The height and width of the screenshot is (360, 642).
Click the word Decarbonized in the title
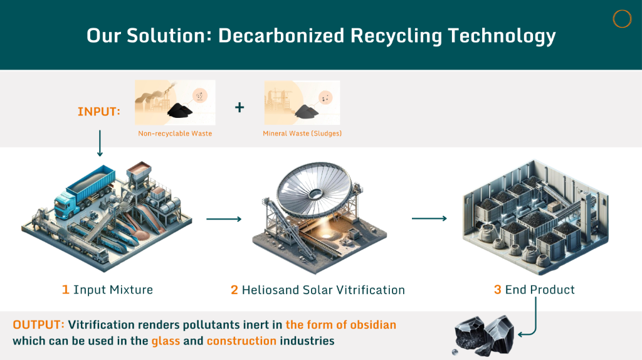point(282,36)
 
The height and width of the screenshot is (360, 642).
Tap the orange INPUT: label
point(98,112)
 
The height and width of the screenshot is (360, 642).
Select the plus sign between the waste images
point(239,107)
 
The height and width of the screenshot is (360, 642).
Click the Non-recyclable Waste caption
point(175,134)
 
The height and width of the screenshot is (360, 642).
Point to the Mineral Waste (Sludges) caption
point(302,134)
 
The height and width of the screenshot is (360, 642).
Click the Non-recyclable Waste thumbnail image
point(175,102)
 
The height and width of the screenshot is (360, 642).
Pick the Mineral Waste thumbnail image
point(302,102)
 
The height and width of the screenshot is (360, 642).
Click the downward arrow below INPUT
point(100,143)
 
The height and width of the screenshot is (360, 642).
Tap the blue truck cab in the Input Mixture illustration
point(65,204)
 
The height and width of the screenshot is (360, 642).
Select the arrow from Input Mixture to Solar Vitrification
point(224,219)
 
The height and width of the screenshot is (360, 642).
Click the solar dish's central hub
point(315,194)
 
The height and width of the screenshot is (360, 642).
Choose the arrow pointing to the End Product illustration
point(429,219)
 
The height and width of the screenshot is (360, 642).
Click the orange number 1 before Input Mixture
point(65,290)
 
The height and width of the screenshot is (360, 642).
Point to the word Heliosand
point(270,290)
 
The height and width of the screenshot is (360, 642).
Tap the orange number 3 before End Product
point(497,290)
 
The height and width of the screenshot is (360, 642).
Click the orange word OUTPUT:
point(38,325)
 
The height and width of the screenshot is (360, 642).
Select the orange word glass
point(166,341)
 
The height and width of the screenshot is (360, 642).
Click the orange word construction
point(241,341)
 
